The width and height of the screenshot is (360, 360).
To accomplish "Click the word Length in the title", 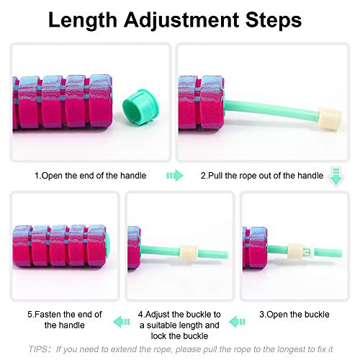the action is coord(83,21).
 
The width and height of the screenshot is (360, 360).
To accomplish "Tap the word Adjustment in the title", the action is coord(181,21).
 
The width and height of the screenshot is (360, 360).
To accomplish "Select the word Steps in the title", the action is coord(274,21).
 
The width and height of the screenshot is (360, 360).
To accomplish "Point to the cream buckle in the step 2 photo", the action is coord(330,119).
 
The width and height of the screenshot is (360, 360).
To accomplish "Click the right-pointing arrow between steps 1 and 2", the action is coord(175,176).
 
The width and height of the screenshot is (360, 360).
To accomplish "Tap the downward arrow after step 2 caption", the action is coord(336,177).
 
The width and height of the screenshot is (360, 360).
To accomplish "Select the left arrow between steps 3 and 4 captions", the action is coord(237,322).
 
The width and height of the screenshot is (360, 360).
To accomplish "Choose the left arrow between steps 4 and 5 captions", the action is coord(122,322).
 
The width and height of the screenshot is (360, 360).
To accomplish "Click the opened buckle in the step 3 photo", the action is coord(301,251).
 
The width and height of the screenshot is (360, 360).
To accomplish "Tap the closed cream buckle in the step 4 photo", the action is coord(189,251).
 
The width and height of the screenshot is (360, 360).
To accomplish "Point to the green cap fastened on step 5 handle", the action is coord(107,246).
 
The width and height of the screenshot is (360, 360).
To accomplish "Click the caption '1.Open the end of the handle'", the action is coord(91,176).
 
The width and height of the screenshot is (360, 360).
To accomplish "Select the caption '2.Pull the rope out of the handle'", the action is coord(262,176).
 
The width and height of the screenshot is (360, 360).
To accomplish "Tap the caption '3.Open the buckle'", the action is coord(294,315).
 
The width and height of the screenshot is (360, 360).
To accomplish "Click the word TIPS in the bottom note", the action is coord(38,349).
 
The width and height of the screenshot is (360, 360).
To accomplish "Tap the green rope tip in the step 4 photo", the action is coord(225,254).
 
